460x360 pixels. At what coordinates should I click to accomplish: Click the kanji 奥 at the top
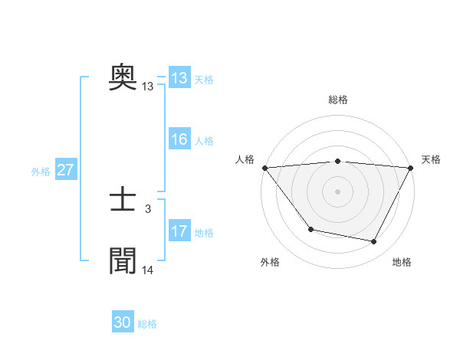(123, 77)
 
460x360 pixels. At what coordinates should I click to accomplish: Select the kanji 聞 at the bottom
(123, 260)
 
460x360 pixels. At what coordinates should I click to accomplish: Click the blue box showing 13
(179, 78)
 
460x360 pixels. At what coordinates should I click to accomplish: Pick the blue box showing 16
(179, 139)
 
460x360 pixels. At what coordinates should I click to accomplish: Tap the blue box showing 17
(179, 231)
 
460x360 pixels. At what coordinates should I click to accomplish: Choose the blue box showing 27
(65, 170)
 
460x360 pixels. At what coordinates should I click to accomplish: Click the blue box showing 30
(123, 322)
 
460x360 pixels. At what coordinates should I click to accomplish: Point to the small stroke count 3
(148, 208)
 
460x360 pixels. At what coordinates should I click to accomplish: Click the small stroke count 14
(148, 270)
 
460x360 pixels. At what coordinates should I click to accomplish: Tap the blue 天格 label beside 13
(204, 80)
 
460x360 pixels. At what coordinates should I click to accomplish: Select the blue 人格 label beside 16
(204, 141)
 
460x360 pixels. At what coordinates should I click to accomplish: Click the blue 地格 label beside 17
(204, 233)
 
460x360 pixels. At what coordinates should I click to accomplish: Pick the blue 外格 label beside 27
(41, 172)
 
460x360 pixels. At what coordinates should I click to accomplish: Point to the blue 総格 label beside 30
(147, 324)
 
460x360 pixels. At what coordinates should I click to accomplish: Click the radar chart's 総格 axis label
(337, 100)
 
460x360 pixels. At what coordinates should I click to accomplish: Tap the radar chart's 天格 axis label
(432, 159)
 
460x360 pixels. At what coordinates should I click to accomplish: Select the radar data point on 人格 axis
(264, 168)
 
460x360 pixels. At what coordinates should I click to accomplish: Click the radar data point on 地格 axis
(374, 242)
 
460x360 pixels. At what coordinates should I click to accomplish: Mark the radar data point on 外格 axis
(310, 229)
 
